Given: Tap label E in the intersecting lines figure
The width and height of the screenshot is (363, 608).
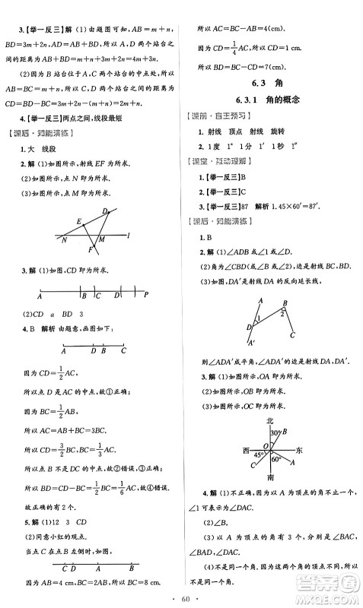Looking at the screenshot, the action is coord(79,221).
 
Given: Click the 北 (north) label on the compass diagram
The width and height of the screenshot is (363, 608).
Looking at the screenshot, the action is coord(269,420).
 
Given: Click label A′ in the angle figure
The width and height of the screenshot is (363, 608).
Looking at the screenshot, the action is coord(251,343).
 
